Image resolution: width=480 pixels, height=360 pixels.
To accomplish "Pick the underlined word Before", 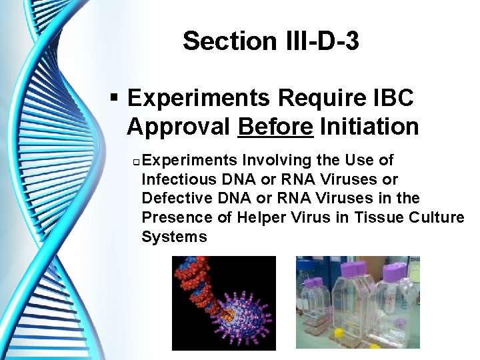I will [x=275, y=126].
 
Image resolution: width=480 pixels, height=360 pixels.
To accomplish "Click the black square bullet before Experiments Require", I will [x=115, y=99].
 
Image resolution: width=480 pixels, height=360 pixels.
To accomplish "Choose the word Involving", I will [x=273, y=161].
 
